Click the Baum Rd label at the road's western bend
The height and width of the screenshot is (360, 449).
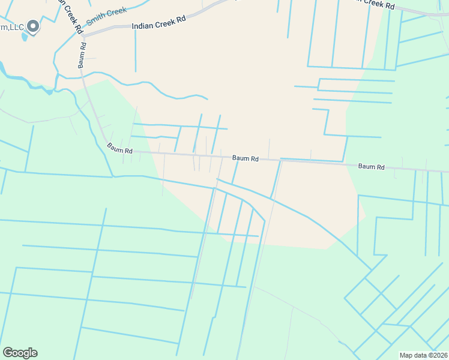[x=120, y=148]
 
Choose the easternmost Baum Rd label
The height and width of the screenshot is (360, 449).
[x=371, y=167]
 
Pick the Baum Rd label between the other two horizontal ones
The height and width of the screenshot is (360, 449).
[x=246, y=158]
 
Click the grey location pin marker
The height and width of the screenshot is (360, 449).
[x=33, y=26]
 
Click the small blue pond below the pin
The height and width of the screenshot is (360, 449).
[x=25, y=37]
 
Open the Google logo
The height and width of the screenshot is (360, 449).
[x=20, y=353]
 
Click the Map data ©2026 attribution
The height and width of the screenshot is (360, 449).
[x=423, y=355]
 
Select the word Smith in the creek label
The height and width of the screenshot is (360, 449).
[x=95, y=20]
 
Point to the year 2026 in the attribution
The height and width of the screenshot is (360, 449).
[x=438, y=355]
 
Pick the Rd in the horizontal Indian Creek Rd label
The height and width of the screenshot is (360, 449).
[x=181, y=19]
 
